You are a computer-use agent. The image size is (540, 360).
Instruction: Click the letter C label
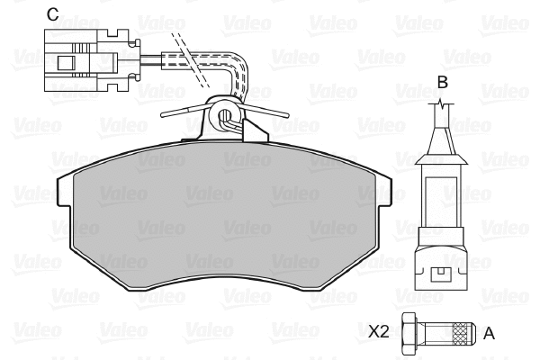(53, 14)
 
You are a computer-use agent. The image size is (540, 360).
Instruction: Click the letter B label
(442, 83)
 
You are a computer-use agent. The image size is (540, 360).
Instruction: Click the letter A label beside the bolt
(489, 334)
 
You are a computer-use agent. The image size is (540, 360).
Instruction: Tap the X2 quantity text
(379, 332)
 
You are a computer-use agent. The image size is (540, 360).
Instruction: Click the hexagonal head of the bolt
(409, 334)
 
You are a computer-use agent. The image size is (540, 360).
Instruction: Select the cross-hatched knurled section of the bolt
(462, 334)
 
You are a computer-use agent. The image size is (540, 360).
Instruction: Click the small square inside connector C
(66, 63)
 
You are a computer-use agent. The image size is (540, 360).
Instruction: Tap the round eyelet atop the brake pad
(225, 113)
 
